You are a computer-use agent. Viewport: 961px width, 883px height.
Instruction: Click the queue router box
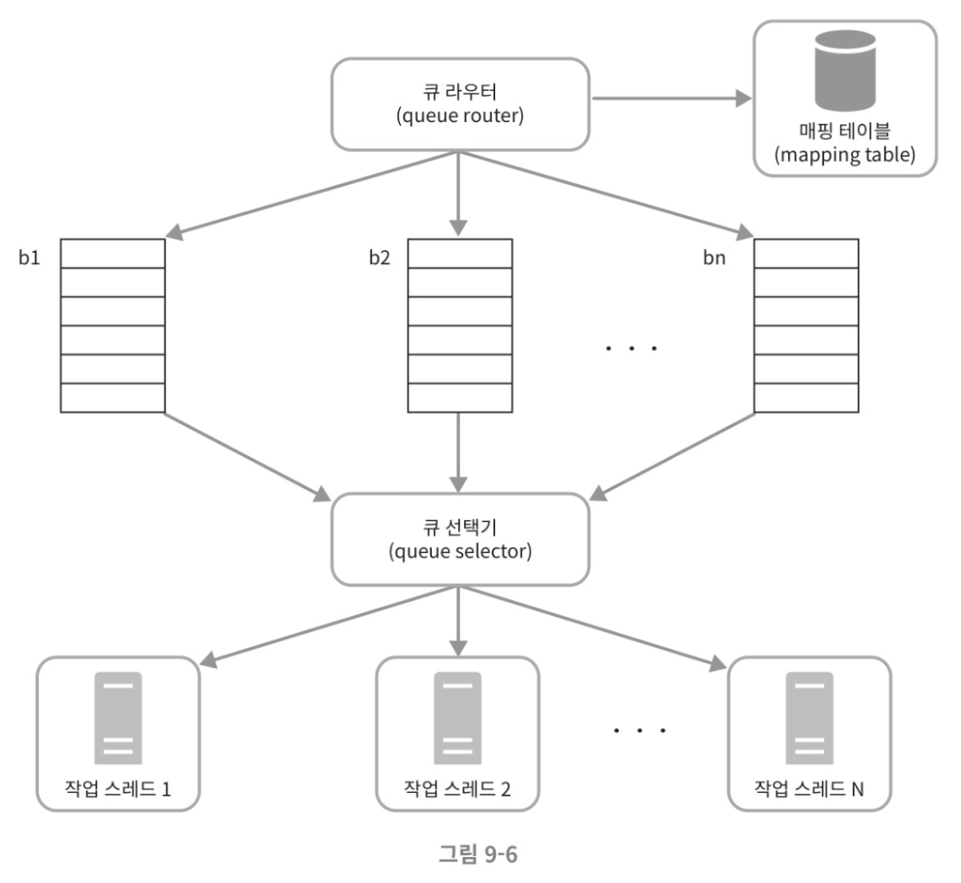[x=461, y=104]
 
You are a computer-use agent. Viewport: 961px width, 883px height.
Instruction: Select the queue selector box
[x=461, y=539]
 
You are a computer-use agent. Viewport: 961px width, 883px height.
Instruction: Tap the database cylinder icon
[x=844, y=71]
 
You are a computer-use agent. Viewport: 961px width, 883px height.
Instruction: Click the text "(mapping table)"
[x=844, y=154]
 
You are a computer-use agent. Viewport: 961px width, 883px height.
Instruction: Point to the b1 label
[x=29, y=257]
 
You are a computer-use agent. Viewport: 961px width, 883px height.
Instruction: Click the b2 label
[x=379, y=257]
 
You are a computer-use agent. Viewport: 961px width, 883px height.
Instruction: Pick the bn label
[x=714, y=257]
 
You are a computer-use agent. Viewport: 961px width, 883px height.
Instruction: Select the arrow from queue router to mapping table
[x=672, y=98]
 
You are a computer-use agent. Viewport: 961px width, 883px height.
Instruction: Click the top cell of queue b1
[x=113, y=254]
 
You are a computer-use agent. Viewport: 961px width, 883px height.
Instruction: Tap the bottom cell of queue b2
[x=461, y=397]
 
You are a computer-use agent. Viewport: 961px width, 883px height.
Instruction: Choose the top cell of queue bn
[x=806, y=254]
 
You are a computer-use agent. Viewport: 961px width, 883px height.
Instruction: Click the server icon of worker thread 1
[x=118, y=719]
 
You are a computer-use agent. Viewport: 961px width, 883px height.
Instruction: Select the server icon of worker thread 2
[x=457, y=719]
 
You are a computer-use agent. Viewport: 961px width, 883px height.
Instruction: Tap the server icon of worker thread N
[x=809, y=719]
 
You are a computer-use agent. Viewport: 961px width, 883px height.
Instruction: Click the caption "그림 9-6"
[x=478, y=854]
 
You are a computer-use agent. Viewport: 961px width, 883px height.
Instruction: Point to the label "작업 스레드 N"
[x=809, y=789]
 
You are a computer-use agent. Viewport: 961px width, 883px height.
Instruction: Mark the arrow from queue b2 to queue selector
[x=459, y=452]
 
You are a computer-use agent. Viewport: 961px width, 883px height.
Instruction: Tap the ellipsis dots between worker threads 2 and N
[x=639, y=731]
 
